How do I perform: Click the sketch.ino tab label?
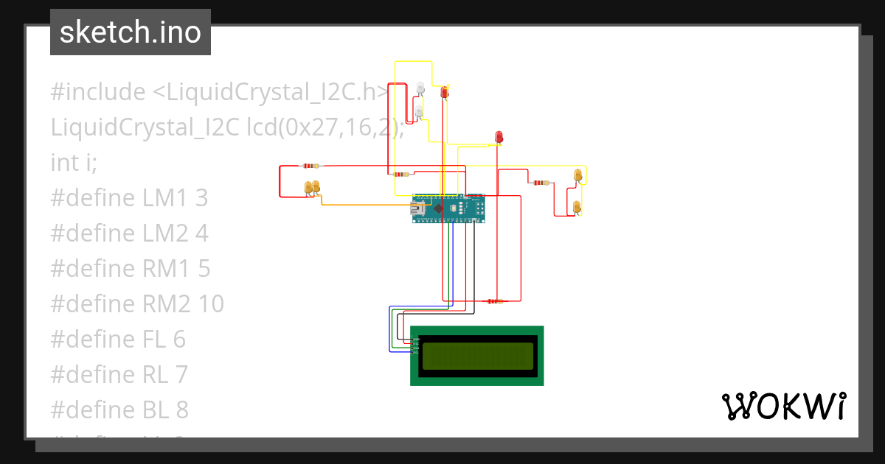tap(131, 32)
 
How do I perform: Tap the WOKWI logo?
tap(782, 406)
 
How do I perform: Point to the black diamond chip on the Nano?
tap(439, 209)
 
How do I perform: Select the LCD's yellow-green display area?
tap(477, 356)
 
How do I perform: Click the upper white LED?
tap(420, 88)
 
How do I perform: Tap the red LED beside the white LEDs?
tap(444, 93)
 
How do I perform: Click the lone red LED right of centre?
tap(499, 137)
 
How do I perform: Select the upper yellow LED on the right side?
tap(578, 175)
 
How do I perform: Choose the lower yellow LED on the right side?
tap(577, 207)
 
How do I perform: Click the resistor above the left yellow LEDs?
tap(310, 166)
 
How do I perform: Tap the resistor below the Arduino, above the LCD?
tap(493, 301)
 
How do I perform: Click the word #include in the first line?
tap(98, 92)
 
